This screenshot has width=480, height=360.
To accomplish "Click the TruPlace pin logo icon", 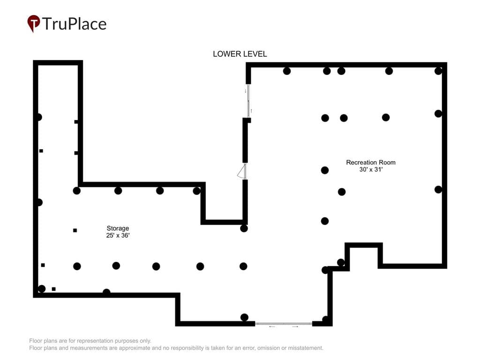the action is point(34,23).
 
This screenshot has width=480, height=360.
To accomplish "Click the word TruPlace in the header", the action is point(75,24).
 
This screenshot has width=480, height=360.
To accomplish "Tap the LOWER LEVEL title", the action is point(240,54).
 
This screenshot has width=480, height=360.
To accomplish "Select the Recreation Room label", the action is point(371,162).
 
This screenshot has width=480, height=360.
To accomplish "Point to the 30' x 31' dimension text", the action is point(371,169).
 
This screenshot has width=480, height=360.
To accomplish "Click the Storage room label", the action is point(118,228).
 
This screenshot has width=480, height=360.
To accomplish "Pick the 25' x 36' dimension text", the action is point(118,235).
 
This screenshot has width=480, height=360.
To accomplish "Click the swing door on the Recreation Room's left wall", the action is point(242,171).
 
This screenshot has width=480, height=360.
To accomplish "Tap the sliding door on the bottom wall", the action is point(284,323).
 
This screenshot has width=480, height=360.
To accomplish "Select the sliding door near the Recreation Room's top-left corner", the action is point(248,101).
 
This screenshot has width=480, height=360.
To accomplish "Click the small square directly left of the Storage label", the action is point(75,230).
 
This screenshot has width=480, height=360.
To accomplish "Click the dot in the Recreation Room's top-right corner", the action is point(438,71).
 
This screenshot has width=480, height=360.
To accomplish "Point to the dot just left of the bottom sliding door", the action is point(244,317).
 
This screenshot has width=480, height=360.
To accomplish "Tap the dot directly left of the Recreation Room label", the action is point(325,170).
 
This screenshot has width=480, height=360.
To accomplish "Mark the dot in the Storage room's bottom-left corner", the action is point(42,289).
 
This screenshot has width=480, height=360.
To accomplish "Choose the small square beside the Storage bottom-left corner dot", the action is point(53,289).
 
